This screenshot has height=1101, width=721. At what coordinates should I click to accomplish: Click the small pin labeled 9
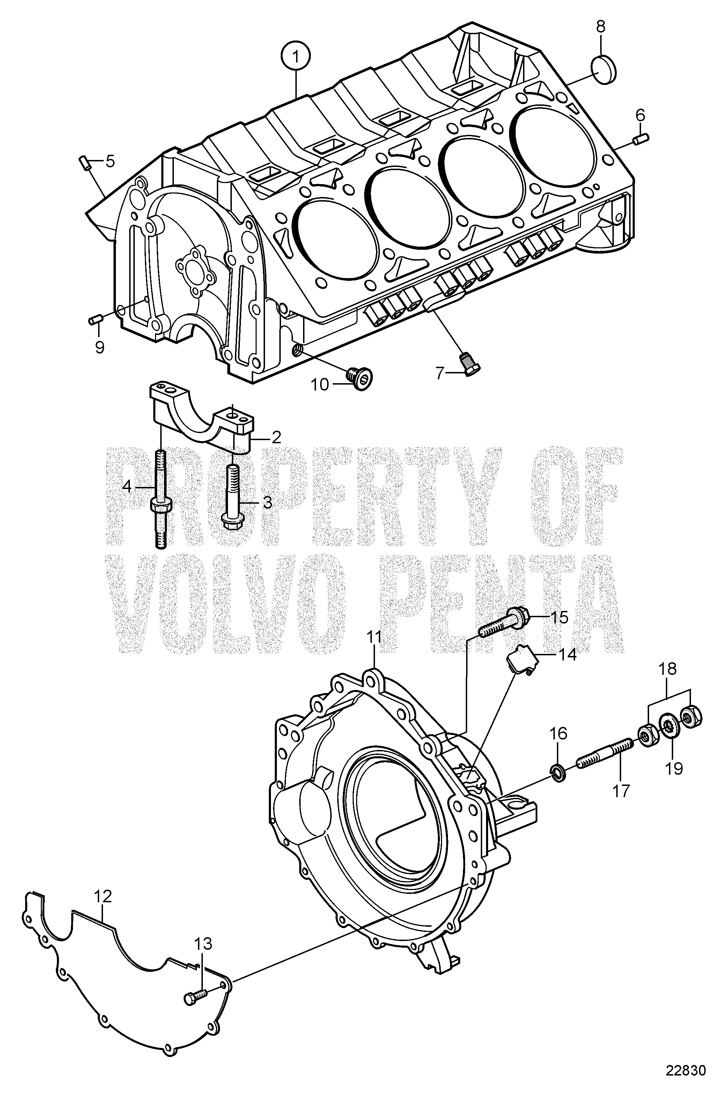95,320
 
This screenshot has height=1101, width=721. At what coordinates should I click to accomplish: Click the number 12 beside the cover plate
103,897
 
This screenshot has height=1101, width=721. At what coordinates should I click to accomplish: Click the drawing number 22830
685,1084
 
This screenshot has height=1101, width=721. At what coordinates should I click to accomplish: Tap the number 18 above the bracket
668,669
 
